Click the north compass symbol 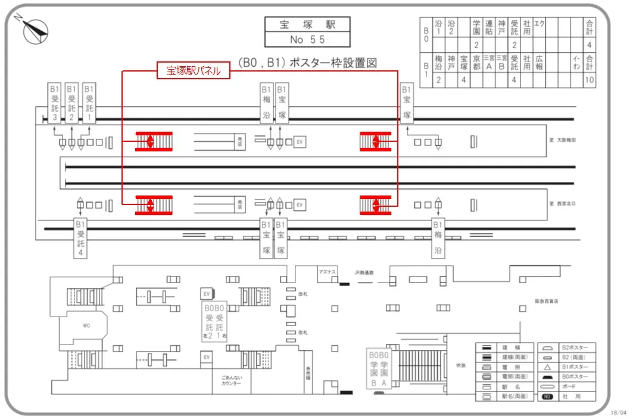point(35,29)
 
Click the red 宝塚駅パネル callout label point(193,71)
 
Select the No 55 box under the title point(307,40)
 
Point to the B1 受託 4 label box point(81,238)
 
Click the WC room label point(85,326)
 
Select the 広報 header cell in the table point(539,63)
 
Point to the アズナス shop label point(328,272)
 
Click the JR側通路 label point(364,272)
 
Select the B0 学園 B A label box point(379,368)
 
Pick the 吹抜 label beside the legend point(460,365)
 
